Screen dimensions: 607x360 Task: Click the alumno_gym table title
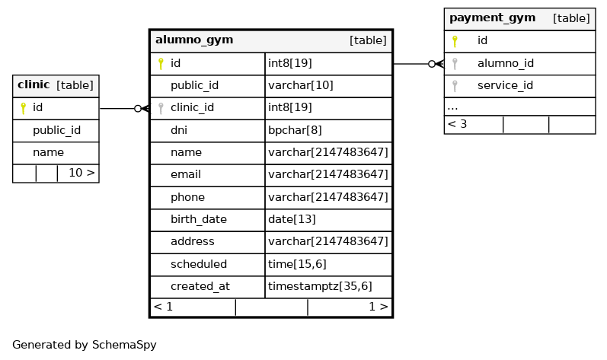click(194, 40)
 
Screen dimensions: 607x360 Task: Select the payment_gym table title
click(492, 18)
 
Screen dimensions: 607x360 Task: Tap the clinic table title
click(34, 84)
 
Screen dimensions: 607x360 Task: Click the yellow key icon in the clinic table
click(23, 108)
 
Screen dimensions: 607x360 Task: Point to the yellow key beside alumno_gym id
click(161, 64)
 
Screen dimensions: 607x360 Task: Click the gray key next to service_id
click(455, 86)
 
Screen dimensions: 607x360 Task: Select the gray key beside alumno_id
click(455, 64)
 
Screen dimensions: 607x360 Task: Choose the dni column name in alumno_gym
click(179, 130)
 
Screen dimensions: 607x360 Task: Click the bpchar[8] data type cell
click(295, 130)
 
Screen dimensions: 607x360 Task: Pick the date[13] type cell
click(292, 219)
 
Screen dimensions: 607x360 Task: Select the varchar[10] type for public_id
click(300, 85)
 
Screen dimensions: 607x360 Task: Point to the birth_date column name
click(199, 219)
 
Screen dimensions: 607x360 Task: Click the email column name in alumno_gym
click(186, 174)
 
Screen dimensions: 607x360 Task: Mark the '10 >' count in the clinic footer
click(81, 173)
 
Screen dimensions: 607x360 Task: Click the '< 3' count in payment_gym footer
click(457, 124)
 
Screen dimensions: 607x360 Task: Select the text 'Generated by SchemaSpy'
click(85, 345)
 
